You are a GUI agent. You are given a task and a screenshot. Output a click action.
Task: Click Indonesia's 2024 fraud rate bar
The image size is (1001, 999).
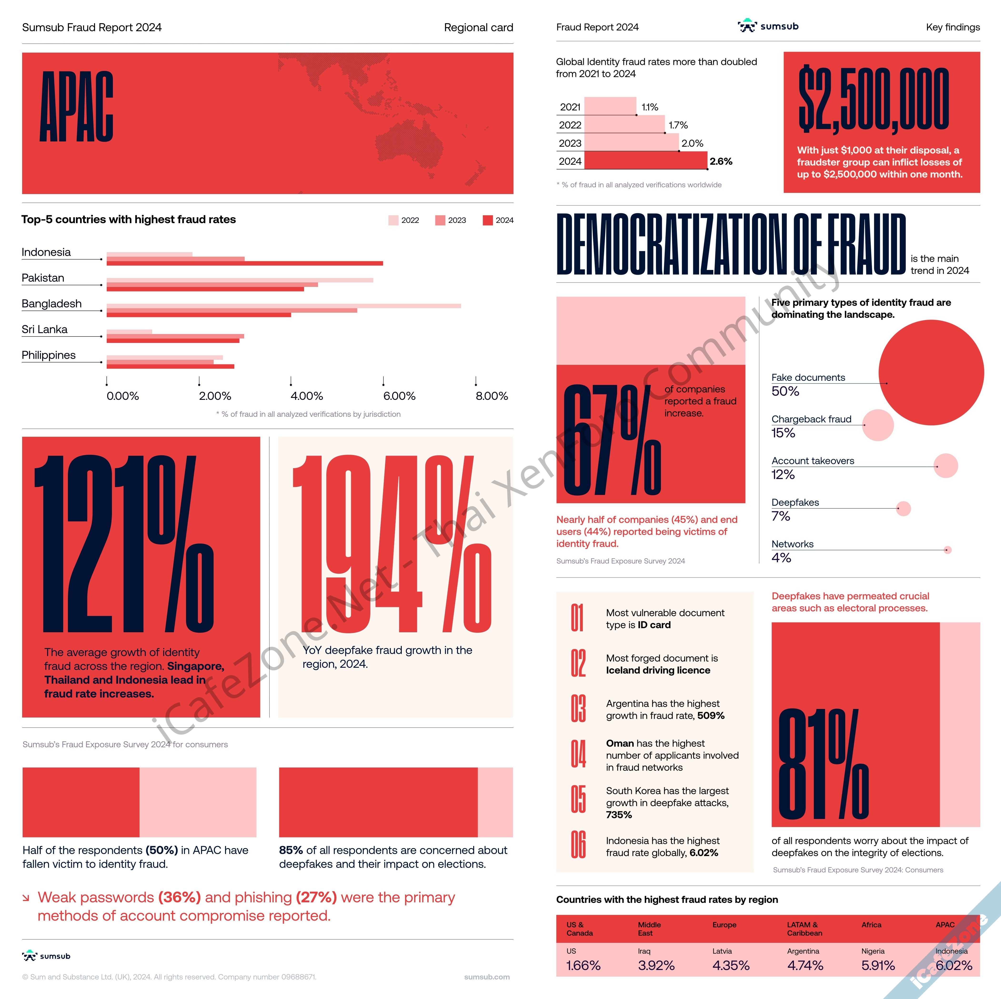pos(245,263)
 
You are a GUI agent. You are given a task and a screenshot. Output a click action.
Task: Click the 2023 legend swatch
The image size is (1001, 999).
pos(440,220)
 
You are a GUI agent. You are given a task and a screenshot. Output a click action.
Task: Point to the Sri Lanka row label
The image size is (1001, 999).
pos(45,330)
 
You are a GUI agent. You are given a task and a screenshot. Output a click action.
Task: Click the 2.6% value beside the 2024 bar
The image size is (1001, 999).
pos(721,161)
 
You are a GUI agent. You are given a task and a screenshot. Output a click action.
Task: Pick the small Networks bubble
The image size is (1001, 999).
pos(948,550)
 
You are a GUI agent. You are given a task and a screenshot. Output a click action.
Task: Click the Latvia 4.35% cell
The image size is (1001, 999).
pos(730,965)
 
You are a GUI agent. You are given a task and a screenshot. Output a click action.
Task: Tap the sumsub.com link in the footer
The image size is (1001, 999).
pos(487,977)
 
